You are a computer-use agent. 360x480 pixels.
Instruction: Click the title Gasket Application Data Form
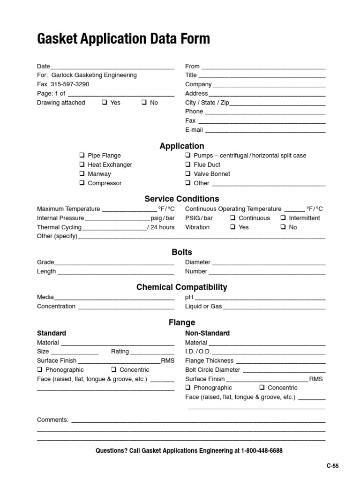(x=123, y=38)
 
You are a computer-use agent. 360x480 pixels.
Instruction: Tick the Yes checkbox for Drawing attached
(x=105, y=103)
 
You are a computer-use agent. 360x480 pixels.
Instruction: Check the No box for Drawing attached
(x=144, y=103)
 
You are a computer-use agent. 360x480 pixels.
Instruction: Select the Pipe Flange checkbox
(x=82, y=156)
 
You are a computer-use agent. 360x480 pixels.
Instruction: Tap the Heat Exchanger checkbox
(x=82, y=165)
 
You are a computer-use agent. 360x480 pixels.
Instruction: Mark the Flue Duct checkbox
(x=188, y=165)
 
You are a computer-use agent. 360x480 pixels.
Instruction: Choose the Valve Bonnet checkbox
(x=188, y=174)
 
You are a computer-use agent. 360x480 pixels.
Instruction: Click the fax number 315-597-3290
(x=69, y=84)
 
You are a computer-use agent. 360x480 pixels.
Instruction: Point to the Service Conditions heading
(x=181, y=199)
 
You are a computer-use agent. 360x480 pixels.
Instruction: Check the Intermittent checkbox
(x=283, y=218)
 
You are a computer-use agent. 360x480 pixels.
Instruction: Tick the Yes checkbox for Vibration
(x=232, y=227)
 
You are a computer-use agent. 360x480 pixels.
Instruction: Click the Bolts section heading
(x=182, y=252)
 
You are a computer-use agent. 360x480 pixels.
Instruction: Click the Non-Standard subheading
(x=207, y=333)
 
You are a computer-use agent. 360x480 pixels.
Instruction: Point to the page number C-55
(x=332, y=466)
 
